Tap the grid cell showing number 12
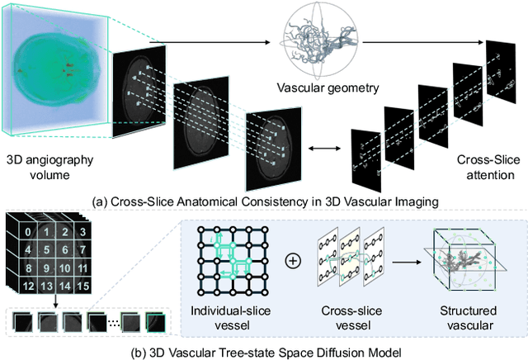[29, 285]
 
